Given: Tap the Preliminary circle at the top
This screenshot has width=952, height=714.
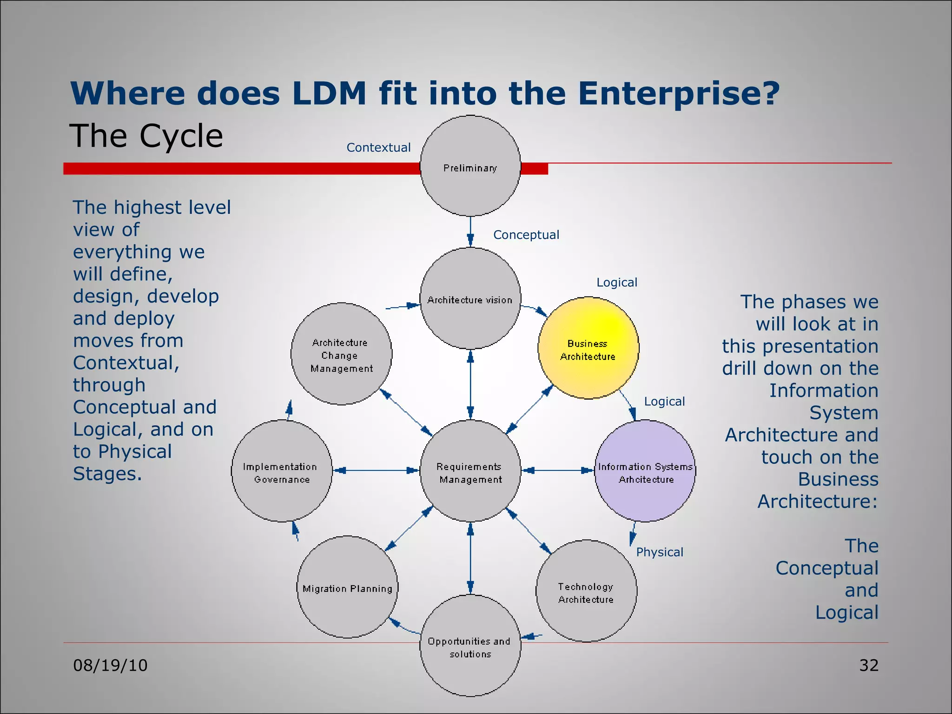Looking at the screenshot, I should tap(470, 166).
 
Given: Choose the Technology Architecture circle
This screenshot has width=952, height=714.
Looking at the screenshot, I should tap(586, 591).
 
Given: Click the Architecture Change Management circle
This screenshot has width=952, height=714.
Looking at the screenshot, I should tap(341, 354).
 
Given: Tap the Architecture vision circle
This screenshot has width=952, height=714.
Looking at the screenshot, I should tap(470, 298).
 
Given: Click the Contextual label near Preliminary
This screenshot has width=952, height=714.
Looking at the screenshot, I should tap(378, 148).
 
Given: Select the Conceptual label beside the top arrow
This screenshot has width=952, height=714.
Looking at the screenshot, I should tap(526, 235).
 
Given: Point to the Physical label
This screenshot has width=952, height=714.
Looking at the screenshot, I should tap(659, 552).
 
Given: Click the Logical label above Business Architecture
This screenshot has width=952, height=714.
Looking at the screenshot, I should tap(616, 283).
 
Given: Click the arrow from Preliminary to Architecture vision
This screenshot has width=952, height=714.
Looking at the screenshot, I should tap(470, 231).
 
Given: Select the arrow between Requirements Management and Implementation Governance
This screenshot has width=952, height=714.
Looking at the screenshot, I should tap(376, 470).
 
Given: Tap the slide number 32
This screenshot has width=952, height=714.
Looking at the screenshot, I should tap(868, 665).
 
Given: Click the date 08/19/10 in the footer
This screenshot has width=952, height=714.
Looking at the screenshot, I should tap(110, 665).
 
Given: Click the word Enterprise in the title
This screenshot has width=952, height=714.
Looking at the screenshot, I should tap(679, 93).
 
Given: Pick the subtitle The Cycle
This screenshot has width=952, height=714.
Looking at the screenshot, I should tap(146, 136).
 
